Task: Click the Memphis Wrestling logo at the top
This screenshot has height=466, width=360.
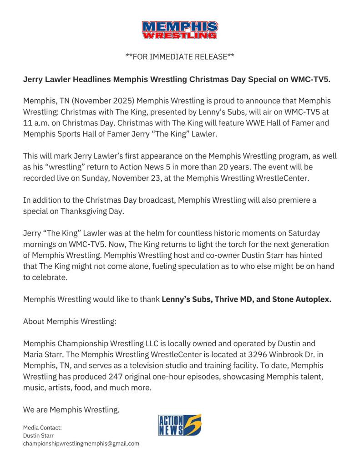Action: click(x=180, y=30)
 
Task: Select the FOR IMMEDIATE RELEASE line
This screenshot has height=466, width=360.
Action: click(x=180, y=57)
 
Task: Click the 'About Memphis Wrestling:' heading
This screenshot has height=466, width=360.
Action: click(x=70, y=321)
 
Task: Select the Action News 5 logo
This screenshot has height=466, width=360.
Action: click(x=180, y=425)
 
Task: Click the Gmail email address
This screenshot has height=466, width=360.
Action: click(x=81, y=443)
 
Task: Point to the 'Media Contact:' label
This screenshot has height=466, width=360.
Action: click(x=42, y=428)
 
